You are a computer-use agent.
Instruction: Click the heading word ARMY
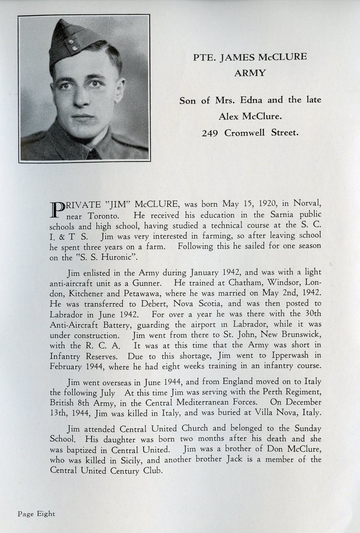coord(250,73)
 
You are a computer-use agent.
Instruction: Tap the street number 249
coord(210,133)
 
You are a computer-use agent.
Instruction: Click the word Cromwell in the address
coord(245,133)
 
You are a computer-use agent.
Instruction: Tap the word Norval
coord(307,203)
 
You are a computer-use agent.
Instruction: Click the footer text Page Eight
coord(37,514)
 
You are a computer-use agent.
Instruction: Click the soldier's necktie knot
coord(93,154)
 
